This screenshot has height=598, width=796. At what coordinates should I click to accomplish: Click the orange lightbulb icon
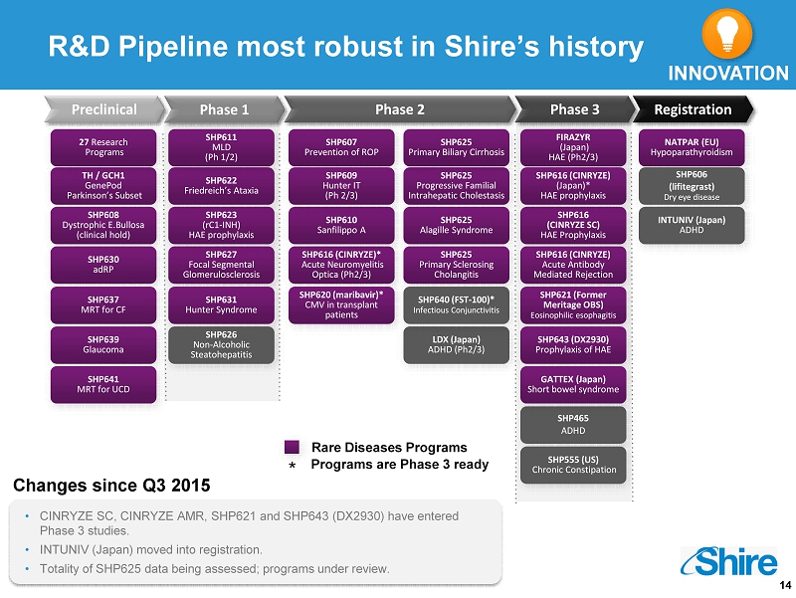tap(726, 34)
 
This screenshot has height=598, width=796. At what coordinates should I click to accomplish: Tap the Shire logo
tap(729, 561)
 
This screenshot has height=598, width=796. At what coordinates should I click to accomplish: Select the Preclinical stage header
tap(104, 109)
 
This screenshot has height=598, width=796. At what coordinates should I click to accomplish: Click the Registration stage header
tap(693, 109)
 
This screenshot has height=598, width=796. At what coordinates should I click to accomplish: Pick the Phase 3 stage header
tap(575, 109)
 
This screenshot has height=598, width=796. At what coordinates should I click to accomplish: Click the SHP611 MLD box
tap(221, 147)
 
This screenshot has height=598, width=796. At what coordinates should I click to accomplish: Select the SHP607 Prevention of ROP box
tap(341, 147)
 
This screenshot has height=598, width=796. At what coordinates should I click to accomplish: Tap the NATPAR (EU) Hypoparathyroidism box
tap(692, 147)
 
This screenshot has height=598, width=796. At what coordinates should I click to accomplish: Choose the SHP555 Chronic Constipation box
tap(573, 465)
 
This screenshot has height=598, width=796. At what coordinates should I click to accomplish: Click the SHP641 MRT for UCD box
tap(103, 384)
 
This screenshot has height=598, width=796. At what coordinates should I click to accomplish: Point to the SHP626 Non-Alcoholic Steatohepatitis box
tap(221, 344)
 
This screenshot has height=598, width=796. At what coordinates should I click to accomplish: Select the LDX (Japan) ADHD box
tap(457, 344)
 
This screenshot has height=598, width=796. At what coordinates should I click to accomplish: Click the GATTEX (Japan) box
tap(573, 384)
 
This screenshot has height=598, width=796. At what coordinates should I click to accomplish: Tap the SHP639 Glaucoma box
tap(103, 344)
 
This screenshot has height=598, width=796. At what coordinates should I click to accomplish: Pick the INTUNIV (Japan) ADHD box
tap(692, 225)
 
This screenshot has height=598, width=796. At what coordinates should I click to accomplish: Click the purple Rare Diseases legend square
tap(292, 447)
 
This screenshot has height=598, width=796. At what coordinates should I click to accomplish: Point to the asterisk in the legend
tap(292, 466)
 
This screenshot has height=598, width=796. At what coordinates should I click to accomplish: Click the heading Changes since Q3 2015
tap(111, 486)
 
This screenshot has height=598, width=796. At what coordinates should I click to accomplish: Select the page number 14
tap(785, 585)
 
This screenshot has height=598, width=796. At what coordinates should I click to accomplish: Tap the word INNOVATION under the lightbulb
tap(728, 74)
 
